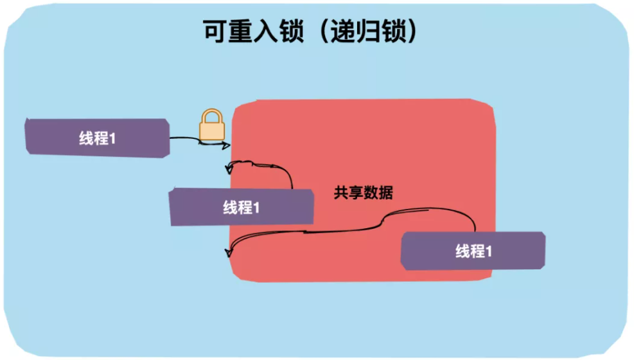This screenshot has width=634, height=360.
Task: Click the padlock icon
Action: tap(211, 126)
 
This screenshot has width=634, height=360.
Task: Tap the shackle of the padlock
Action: tap(211, 116)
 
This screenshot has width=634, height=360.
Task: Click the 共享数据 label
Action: tap(363, 192)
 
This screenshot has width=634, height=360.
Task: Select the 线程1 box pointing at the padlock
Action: tap(97, 138)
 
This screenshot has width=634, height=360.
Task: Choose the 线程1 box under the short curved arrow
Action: tap(241, 208)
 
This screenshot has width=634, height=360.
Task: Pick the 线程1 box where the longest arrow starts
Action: tap(473, 251)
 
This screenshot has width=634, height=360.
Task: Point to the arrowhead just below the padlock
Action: tap(225, 145)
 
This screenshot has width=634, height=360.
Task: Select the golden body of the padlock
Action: tap(211, 130)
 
